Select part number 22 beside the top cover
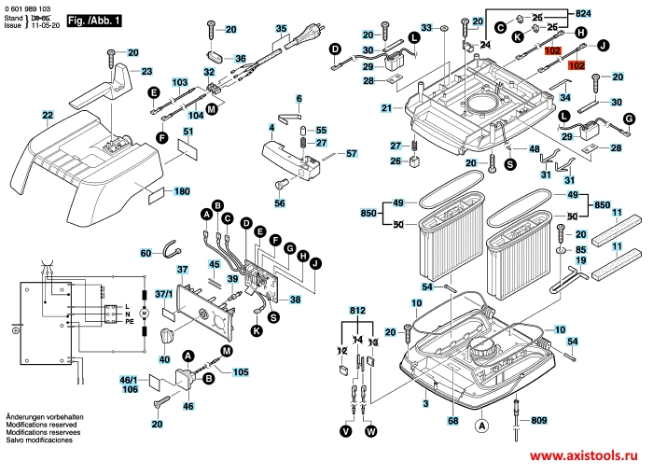(x=47, y=116)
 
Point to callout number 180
(x=182, y=191)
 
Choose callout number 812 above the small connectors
(x=359, y=311)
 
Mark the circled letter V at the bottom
(x=346, y=431)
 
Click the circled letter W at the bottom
(x=372, y=431)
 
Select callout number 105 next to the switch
(x=241, y=372)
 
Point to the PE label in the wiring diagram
(x=131, y=321)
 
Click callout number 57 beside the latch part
(x=352, y=153)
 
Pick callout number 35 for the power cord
(x=281, y=29)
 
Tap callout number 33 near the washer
(x=428, y=29)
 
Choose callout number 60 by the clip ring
(x=146, y=253)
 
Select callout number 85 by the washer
(x=580, y=250)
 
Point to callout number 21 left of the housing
(x=386, y=109)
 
